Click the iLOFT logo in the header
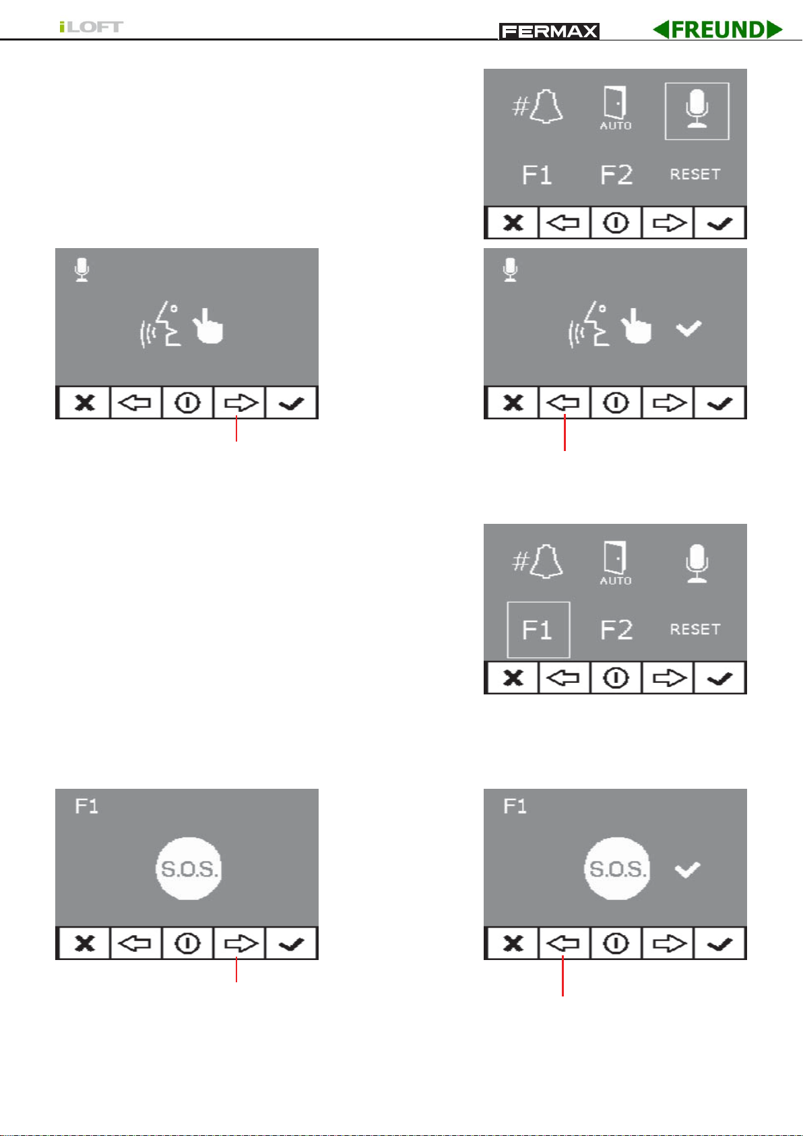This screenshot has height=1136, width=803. [91, 27]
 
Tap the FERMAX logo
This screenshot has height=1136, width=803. [549, 32]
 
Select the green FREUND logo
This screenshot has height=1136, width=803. [717, 30]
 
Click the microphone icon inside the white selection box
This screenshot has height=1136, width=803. [697, 109]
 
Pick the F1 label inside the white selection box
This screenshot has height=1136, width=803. [537, 630]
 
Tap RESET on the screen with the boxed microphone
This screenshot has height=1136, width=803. [695, 175]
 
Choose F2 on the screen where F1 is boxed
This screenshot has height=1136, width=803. [616, 630]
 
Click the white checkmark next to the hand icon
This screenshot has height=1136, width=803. [688, 328]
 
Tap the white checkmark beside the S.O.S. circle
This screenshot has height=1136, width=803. [688, 870]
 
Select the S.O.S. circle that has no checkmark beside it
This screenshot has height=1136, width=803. [189, 869]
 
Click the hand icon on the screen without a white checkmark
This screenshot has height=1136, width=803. [208, 326]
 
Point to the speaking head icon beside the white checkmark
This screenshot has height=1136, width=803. [587, 324]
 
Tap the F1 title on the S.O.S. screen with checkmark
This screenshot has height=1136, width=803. [515, 806]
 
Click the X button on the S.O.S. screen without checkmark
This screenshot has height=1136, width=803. [85, 944]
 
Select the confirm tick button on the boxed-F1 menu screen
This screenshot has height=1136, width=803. [719, 678]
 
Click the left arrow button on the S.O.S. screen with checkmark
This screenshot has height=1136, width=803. [564, 944]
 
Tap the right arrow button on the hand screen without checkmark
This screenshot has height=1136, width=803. [239, 403]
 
